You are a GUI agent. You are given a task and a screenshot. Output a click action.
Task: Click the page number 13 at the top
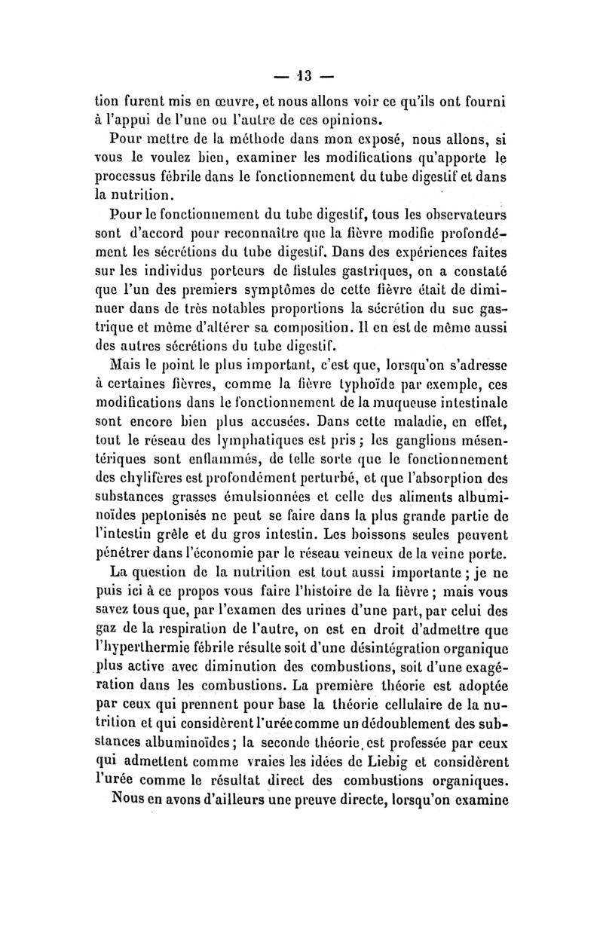[304, 76]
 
